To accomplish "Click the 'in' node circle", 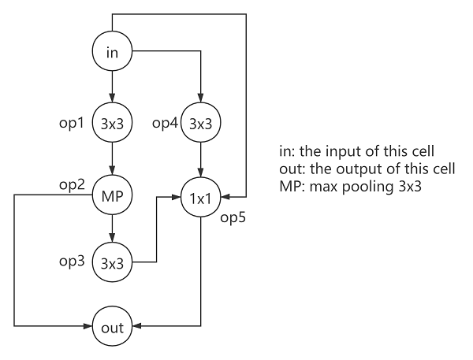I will point(112,52).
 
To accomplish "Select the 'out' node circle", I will point(112,326).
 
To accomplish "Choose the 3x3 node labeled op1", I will point(112,124).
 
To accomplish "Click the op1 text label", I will point(73,124).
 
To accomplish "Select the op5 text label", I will point(233,217).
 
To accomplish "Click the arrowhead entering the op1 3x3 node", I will point(112,100).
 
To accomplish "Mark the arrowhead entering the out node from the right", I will point(137,326).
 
